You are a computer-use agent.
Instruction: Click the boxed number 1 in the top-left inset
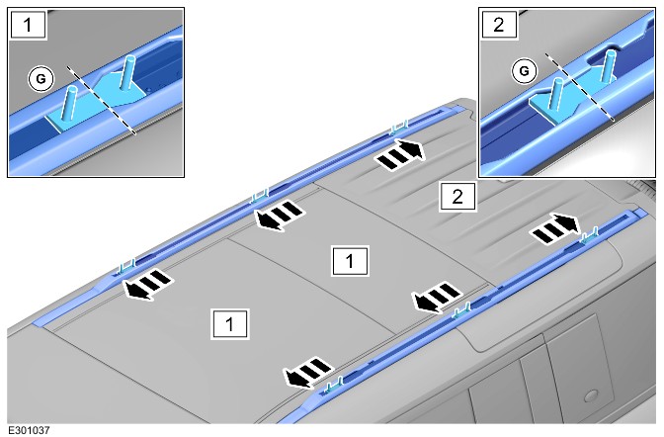(x=28, y=24)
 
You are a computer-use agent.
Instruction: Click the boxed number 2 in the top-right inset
(x=499, y=24)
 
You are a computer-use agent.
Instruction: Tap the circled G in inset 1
(x=41, y=79)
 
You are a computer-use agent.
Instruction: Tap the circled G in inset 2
(x=524, y=71)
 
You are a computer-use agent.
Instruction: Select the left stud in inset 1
(x=69, y=103)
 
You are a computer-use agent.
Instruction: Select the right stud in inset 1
(x=126, y=72)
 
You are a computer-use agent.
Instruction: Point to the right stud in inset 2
(x=608, y=67)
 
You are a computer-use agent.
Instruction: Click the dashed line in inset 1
(x=102, y=100)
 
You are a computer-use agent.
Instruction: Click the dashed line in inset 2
(x=579, y=87)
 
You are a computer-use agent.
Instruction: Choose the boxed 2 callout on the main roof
(x=457, y=197)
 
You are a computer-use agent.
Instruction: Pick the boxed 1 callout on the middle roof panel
(x=350, y=261)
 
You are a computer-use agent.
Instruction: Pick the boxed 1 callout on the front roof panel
(x=229, y=324)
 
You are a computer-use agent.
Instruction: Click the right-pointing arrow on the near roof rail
(x=555, y=228)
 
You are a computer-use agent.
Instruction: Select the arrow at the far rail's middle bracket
(x=280, y=215)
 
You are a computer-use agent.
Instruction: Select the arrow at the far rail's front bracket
(x=148, y=284)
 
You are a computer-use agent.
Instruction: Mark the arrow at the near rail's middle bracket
(x=438, y=297)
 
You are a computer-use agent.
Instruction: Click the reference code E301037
(x=29, y=430)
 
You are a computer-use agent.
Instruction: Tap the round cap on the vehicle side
(x=591, y=396)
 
